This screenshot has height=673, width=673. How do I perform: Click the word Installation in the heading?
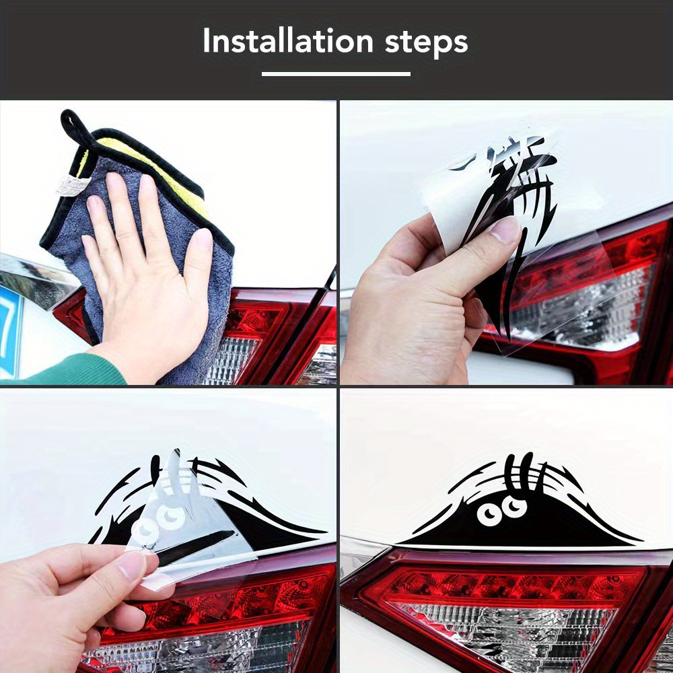coord(288,42)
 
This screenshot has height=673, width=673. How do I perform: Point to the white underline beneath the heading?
coord(336,74)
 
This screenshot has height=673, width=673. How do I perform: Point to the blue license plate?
coord(10,323)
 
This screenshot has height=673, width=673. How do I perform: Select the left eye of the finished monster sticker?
coord(489,515)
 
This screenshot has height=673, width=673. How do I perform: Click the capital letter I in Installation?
coord(207,42)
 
